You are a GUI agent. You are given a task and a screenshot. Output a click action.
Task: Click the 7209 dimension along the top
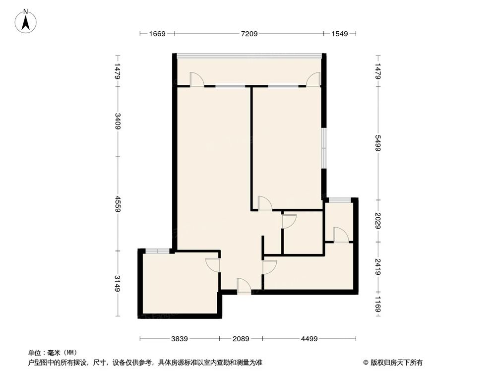pyautogui.click(x=249, y=34)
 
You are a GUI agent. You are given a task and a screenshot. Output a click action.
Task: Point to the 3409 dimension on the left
pyautogui.click(x=118, y=122)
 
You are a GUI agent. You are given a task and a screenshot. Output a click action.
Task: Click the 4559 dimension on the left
pyautogui.click(x=118, y=203)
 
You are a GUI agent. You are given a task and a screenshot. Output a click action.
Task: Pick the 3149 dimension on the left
pyautogui.click(x=118, y=283)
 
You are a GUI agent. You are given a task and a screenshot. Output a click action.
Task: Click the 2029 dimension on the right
pyautogui.click(x=378, y=220)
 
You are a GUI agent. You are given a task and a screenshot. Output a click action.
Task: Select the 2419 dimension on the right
pyautogui.click(x=378, y=267)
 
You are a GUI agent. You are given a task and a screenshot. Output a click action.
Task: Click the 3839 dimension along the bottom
pyautogui.click(x=180, y=339)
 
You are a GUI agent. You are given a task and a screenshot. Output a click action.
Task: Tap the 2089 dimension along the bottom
pyautogui.click(x=241, y=339)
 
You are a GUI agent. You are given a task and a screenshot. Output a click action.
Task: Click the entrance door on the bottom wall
pyautogui.click(x=244, y=286)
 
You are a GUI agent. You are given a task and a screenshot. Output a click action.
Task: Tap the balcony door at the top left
pyautogui.click(x=196, y=80)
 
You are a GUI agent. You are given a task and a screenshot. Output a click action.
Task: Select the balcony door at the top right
pyautogui.click(x=313, y=80)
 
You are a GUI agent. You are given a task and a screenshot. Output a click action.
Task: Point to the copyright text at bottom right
pyautogui.click(x=393, y=362)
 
